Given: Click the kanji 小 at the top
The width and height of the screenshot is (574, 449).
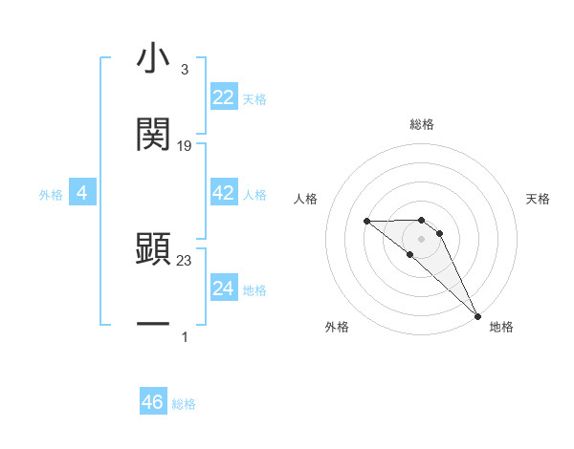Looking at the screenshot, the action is click(x=153, y=59).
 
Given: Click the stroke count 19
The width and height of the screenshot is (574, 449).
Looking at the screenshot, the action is click(x=185, y=145).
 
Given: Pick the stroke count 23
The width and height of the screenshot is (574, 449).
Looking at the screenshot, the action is click(x=185, y=259).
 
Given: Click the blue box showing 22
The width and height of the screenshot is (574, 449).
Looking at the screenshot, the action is click(x=224, y=97).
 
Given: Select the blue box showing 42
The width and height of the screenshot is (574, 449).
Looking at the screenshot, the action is click(x=224, y=193).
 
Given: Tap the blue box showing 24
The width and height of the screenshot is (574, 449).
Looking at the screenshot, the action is click(x=224, y=289).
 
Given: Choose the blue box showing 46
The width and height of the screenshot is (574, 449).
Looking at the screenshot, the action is click(x=153, y=402).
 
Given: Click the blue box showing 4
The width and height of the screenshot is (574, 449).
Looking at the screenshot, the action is click(x=82, y=193).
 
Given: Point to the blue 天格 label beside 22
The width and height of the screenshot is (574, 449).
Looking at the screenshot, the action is click(x=254, y=99).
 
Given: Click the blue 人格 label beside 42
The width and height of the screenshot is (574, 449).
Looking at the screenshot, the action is click(x=254, y=195).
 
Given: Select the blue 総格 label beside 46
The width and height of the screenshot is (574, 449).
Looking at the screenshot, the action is click(x=184, y=404).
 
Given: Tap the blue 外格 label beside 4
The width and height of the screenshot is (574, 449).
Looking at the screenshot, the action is click(x=51, y=195).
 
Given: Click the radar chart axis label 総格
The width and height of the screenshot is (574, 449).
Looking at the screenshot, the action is click(x=422, y=125).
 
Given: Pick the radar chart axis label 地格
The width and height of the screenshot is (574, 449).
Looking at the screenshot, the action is click(x=501, y=327).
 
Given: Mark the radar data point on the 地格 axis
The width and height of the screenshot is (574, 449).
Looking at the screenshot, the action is click(x=476, y=316).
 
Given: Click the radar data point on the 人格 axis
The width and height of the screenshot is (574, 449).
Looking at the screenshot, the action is click(x=366, y=222).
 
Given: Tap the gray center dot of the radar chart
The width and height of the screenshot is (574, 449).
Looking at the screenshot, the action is click(x=422, y=238).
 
